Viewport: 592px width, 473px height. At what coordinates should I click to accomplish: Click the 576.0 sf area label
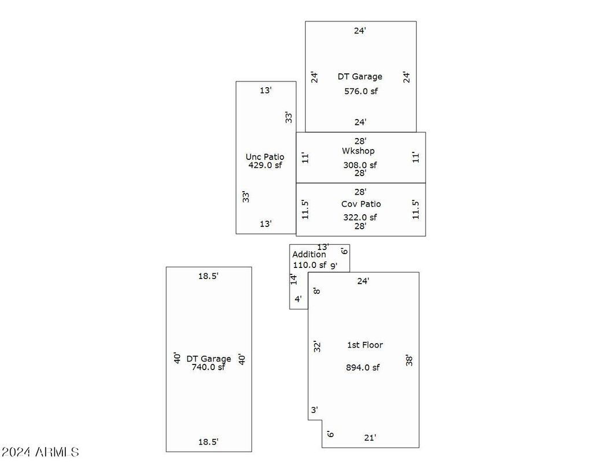tap(361, 91)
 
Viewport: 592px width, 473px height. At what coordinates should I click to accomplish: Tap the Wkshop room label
tap(358, 151)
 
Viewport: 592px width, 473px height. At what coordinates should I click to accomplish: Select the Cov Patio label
tap(361, 204)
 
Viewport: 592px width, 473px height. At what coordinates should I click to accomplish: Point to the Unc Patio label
tap(265, 157)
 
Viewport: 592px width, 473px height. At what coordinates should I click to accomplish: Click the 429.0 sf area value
tap(265, 165)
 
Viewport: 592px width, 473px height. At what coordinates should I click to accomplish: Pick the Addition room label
tap(309, 255)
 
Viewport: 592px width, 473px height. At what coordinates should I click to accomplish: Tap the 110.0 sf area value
tap(310, 265)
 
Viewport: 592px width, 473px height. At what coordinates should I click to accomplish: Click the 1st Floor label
tap(365, 345)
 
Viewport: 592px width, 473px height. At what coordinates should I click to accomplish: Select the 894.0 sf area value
tap(362, 367)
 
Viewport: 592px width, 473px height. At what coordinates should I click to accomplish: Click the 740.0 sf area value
tap(208, 367)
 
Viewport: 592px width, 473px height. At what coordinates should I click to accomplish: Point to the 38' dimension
tap(409, 360)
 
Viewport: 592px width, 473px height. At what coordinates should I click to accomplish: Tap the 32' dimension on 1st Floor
tap(317, 347)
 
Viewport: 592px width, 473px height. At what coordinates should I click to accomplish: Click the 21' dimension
tap(370, 438)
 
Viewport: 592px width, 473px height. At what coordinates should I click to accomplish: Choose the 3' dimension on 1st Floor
tap(314, 410)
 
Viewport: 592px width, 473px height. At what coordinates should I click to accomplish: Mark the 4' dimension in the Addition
tap(298, 299)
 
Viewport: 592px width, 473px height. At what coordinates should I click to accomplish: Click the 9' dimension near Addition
tap(334, 266)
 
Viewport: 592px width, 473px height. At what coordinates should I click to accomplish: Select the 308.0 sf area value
tap(360, 165)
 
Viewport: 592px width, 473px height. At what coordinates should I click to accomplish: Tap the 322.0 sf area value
tap(360, 217)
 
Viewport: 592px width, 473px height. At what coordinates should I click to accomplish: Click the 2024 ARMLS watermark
tap(40, 452)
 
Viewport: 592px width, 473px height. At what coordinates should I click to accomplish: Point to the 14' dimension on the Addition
tap(294, 279)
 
